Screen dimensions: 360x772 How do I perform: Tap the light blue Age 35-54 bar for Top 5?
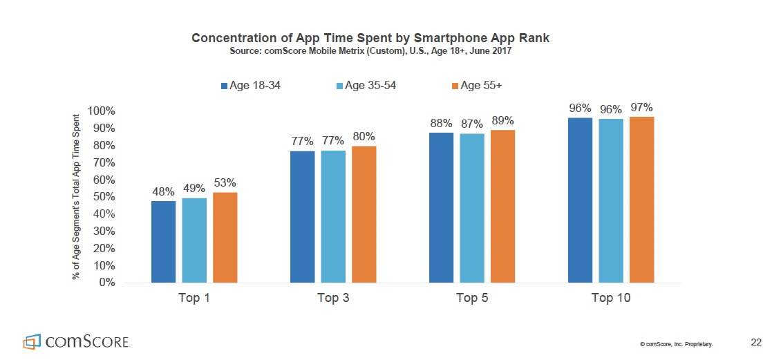tap(472, 208)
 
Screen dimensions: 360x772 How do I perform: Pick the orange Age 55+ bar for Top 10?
tap(641, 200)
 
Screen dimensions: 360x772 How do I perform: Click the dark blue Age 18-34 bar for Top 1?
tap(164, 241)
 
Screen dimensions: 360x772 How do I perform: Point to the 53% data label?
tap(225, 183)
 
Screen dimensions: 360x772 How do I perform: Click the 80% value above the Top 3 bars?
tap(364, 137)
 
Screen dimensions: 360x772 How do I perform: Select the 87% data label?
tap(472, 124)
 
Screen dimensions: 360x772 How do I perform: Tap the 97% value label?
tap(641, 108)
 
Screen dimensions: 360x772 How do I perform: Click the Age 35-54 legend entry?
tap(366, 86)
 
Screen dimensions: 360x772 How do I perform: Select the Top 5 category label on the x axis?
tap(472, 299)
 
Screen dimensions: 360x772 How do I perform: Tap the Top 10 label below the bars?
tap(611, 299)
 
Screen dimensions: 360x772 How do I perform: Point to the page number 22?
tap(756, 342)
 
